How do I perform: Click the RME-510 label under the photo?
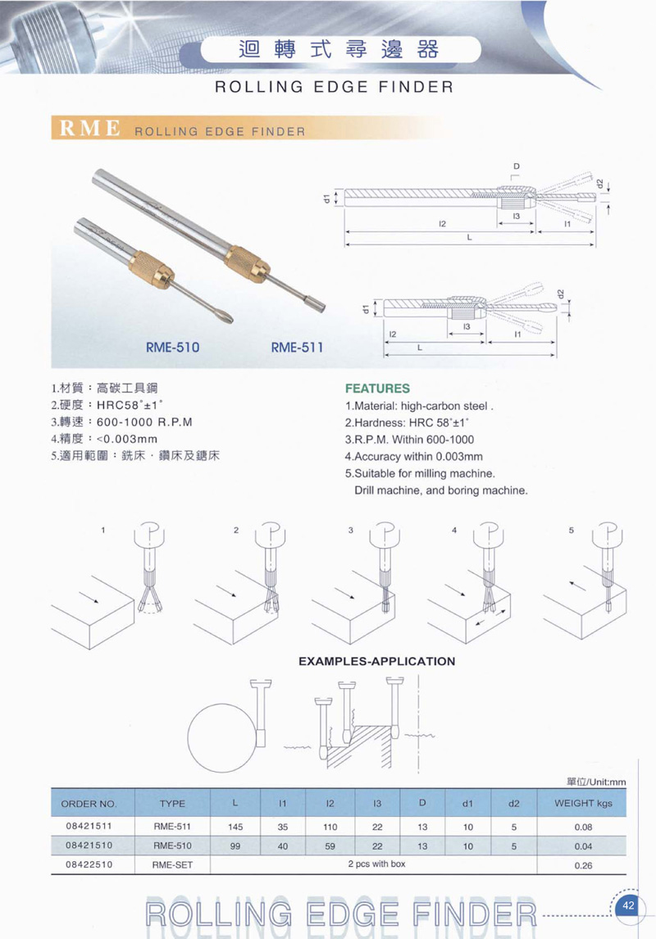[x=172, y=347]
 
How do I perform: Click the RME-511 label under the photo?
[x=297, y=347]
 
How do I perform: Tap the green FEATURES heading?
[x=377, y=389]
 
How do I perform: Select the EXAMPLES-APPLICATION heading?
[x=376, y=661]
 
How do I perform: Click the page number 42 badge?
[x=627, y=905]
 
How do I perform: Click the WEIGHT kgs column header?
[x=583, y=804]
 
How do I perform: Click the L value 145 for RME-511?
[x=235, y=827]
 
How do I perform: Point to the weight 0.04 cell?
[x=583, y=846]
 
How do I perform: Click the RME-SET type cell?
[x=172, y=864]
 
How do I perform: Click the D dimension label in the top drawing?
[x=517, y=166]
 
